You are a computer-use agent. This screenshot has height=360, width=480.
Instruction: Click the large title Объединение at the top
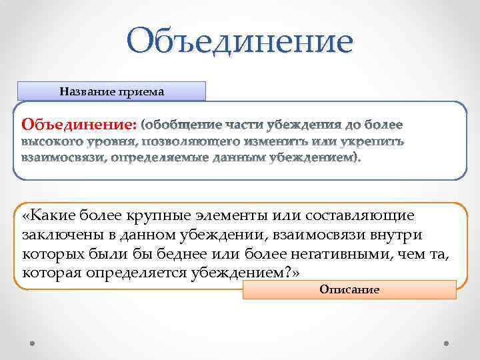coord(241,41)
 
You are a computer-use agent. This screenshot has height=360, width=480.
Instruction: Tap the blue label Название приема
coord(112,91)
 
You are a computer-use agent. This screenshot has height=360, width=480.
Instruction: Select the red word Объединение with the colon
coord(79,125)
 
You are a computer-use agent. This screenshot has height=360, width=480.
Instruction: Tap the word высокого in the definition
coord(51,141)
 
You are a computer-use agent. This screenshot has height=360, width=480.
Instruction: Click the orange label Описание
coord(349,290)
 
